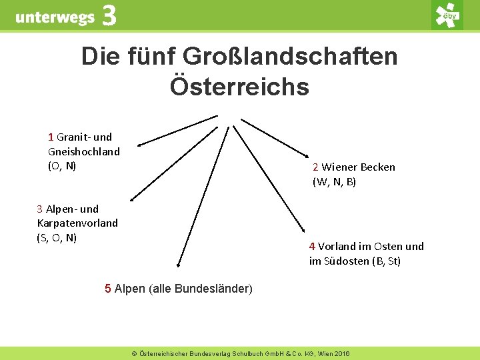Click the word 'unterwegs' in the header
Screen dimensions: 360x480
coord(55,17)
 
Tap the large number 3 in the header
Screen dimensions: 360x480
coord(109,16)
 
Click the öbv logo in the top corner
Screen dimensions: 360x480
coord(447,15)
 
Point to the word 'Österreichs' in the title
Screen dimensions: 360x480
coord(239,87)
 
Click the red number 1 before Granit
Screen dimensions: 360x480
coord(51,137)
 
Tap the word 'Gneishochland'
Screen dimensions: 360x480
coord(84,151)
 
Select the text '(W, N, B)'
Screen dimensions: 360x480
coord(335,181)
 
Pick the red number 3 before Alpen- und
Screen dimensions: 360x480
coord(40,209)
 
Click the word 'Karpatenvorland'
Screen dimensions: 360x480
coord(77,223)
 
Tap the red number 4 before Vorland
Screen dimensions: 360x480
coord(312,246)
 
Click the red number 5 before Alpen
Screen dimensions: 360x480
coord(108,289)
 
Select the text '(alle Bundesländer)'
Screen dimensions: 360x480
coord(201,289)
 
